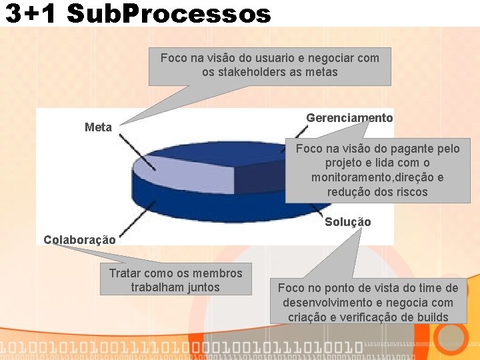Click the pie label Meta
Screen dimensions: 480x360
(98, 127)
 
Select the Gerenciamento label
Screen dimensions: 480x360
(349, 118)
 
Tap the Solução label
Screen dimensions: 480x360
(347, 222)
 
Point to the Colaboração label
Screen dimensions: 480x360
(79, 240)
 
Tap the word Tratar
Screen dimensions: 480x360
(126, 273)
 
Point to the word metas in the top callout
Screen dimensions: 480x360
(322, 72)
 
